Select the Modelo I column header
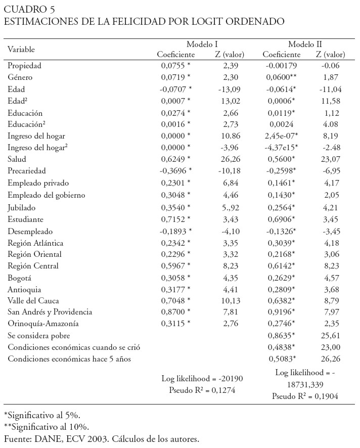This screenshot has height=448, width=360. [202, 44]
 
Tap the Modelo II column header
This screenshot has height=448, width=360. [305, 44]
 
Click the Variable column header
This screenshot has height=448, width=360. [21, 49]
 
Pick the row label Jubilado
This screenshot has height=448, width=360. [22, 207]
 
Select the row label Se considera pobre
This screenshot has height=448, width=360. [38, 335]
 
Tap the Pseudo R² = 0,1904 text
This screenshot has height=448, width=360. [305, 396]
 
